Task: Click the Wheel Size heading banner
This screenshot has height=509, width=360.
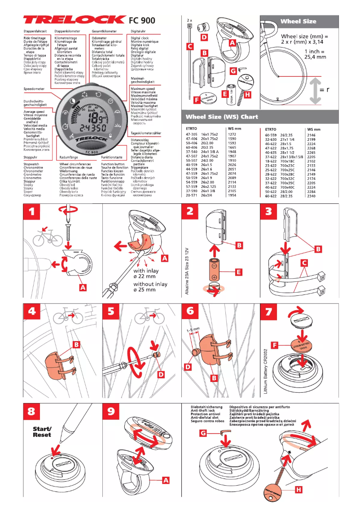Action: point(298,21)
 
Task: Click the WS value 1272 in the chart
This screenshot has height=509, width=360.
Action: point(232,134)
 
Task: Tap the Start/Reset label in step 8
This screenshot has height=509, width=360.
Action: point(42,431)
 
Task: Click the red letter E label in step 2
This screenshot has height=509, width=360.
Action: point(239,272)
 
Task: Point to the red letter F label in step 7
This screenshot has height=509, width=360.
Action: point(275,345)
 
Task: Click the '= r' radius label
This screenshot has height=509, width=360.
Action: point(338,89)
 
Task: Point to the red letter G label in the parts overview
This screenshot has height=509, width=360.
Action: point(233,71)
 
